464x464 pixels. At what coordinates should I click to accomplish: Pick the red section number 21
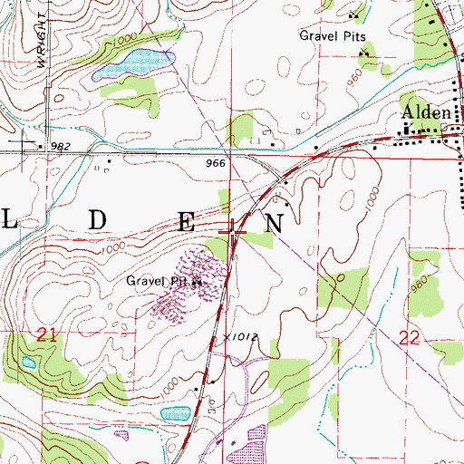pos(49,336)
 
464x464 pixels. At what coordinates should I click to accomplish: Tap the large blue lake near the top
pos(135,62)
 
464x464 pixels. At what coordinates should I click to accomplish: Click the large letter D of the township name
pos(98,220)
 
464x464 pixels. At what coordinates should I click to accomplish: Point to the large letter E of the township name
pos(187,220)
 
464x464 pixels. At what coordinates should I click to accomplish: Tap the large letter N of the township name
pos(273,220)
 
